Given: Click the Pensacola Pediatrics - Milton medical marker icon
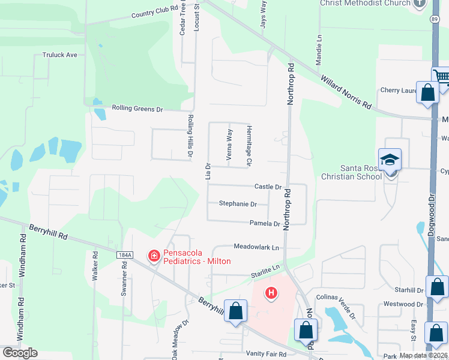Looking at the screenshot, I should tap(154, 256).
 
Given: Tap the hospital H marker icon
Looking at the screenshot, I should tap(271, 293).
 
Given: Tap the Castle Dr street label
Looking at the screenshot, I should tap(268, 187).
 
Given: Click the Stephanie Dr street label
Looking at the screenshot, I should tap(238, 204).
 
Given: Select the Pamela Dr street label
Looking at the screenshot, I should tap(265, 224).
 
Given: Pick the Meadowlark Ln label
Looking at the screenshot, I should tap(256, 247).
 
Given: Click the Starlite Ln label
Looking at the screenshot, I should tap(266, 268).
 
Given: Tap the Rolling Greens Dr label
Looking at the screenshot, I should tap(137, 109).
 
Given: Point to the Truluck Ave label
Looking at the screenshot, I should tap(59, 55).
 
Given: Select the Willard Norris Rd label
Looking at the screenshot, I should tap(345, 92).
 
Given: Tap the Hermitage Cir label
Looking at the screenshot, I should tap(249, 146).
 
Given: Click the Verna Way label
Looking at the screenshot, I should tap(229, 145).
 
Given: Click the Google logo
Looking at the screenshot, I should tap(20, 353).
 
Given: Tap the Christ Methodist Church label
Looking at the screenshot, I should tap(365, 4).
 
